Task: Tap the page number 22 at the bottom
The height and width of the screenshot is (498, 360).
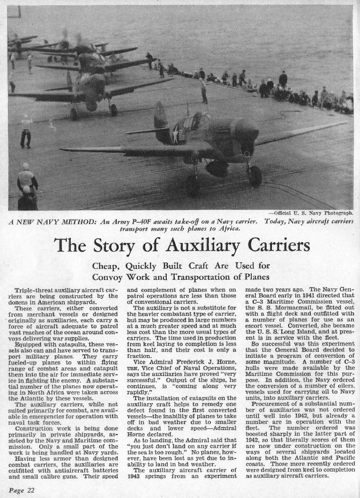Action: click(x=20, y=488)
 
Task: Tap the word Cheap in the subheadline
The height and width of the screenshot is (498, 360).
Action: click(x=105, y=266)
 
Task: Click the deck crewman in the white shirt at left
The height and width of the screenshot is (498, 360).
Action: click(x=26, y=129)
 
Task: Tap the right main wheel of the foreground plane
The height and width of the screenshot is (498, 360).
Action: click(x=254, y=176)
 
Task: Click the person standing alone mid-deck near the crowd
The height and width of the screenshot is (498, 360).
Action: click(x=204, y=91)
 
